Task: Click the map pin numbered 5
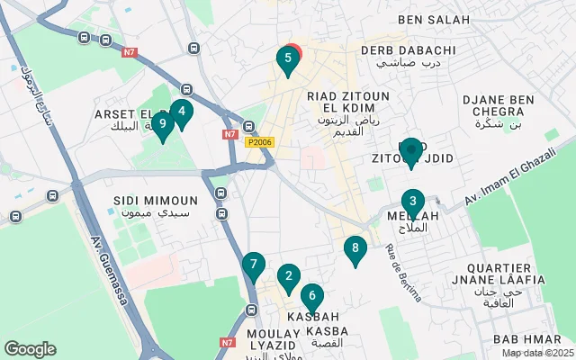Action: point(287,59)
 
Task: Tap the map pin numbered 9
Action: point(162,123)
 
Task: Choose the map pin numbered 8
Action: point(355,248)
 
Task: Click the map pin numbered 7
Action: point(254,265)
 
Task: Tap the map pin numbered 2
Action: point(288,277)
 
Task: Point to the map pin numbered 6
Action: point(311,294)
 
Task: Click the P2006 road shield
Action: point(257,141)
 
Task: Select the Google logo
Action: point(30,349)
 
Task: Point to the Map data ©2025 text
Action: point(536,353)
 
